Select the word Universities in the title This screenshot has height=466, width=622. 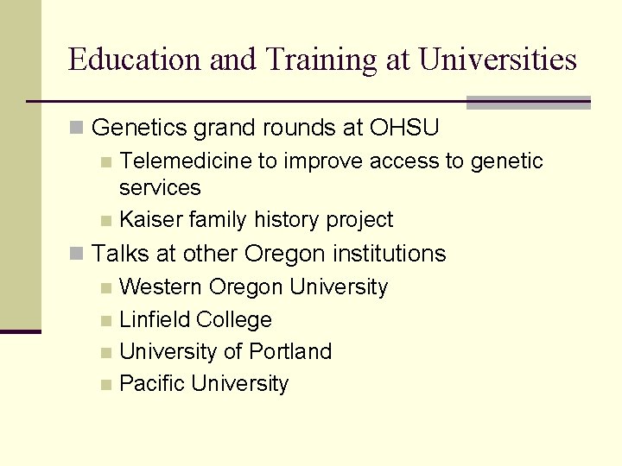point(497,60)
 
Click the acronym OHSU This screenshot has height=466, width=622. point(405,129)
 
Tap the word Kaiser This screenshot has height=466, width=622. point(151,220)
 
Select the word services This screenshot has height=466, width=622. point(160,187)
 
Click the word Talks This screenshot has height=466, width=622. point(120,254)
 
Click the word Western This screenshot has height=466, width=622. point(162,287)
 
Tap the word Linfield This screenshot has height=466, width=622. point(155,319)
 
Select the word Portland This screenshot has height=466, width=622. point(290,351)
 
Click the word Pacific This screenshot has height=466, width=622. point(153,384)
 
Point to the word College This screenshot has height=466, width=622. point(234,319)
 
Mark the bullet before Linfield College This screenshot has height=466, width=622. point(106,320)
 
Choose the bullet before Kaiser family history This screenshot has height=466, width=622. point(106,221)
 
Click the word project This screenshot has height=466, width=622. point(359,220)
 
